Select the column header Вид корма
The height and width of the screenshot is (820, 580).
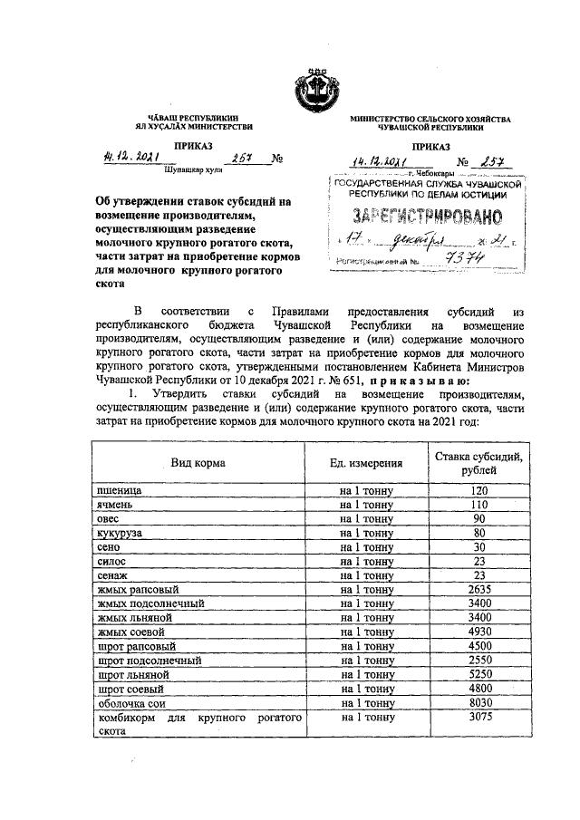click(198, 463)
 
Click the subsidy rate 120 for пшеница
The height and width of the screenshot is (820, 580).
click(479, 490)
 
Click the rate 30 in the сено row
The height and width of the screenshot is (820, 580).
click(479, 547)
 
